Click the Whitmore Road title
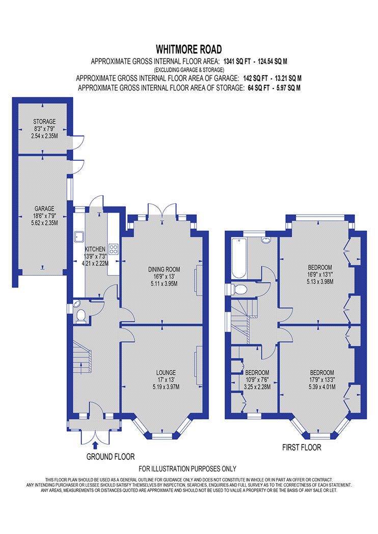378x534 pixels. (x=188, y=49)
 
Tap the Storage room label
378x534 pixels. (x=44, y=122)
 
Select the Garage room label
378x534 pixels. (x=44, y=209)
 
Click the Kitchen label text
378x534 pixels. (x=95, y=249)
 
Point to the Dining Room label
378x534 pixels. (x=164, y=270)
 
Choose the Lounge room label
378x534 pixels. (x=166, y=373)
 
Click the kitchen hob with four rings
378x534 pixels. (x=113, y=249)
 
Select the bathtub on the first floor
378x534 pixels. (x=238, y=258)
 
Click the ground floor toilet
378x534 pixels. (x=81, y=315)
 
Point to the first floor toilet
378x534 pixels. (x=239, y=289)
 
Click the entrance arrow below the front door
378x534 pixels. (x=95, y=445)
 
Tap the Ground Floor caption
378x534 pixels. (x=111, y=457)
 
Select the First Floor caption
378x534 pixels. (x=302, y=447)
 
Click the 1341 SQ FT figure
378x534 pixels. (x=237, y=62)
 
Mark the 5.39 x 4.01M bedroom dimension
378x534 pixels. (x=322, y=387)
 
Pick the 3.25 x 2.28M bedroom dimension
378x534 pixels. (x=257, y=387)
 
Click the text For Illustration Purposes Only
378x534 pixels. (x=187, y=469)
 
